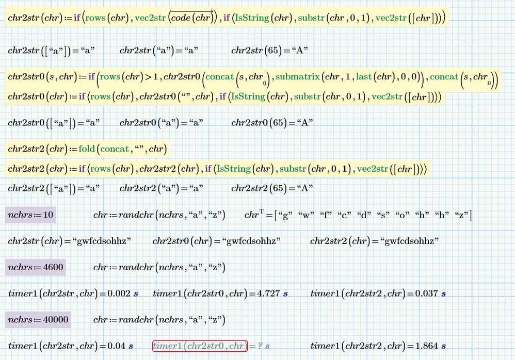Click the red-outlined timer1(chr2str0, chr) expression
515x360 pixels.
pyautogui.click(x=200, y=346)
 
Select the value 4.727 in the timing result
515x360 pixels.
pyautogui.click(x=268, y=293)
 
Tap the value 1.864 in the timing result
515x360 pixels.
pyautogui.click(x=427, y=346)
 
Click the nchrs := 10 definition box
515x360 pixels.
pyautogui.click(x=30, y=215)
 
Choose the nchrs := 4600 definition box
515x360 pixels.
pyautogui.click(x=36, y=267)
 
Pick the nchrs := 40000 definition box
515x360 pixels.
pyautogui.click(x=38, y=320)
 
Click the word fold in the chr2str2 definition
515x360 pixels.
pyautogui.click(x=87, y=149)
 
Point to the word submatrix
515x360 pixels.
pyautogui.click(x=298, y=77)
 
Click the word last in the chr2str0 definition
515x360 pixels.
pyautogui.click(x=364, y=77)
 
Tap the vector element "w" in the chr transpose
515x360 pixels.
pyautogui.click(x=306, y=215)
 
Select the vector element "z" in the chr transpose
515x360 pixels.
pyautogui.click(x=461, y=215)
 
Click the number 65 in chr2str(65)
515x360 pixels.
pyautogui.click(x=274, y=51)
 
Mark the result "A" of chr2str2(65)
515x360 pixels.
pyautogui.click(x=305, y=188)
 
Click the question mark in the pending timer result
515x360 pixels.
pyautogui.click(x=260, y=346)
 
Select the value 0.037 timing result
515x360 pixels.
pyautogui.click(x=427, y=293)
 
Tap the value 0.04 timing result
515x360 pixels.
pyautogui.click(x=117, y=346)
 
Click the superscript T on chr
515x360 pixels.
pyautogui.click(x=262, y=211)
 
